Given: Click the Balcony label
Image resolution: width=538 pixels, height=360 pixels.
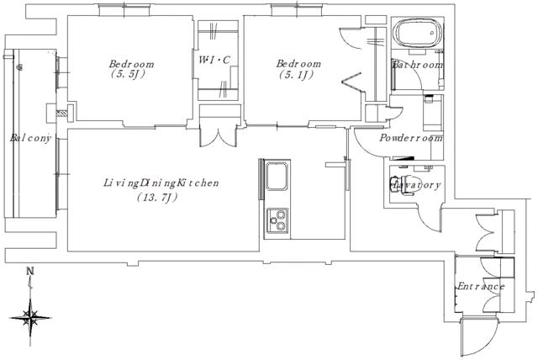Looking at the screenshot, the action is [30, 138].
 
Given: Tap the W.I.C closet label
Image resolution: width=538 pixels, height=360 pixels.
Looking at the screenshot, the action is [214, 60].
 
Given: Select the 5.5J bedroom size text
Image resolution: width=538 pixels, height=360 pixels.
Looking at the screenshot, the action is [127, 74].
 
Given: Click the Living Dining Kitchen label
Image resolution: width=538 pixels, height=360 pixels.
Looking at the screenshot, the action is [161, 183].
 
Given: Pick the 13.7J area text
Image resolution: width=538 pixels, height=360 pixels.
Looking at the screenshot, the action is [157, 198].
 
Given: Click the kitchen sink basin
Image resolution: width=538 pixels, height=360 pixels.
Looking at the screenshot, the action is [277, 176].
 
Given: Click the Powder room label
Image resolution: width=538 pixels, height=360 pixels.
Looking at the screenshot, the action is [411, 138].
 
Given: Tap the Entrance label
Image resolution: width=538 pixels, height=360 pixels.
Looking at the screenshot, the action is [481, 286].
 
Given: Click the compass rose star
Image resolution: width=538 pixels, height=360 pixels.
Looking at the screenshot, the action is [31, 317].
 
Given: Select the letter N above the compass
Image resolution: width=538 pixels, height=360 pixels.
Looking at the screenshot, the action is [31, 271].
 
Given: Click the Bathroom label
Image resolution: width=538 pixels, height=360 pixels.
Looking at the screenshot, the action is [418, 65].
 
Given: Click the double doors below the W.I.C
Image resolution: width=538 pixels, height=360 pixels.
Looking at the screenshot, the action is [218, 137].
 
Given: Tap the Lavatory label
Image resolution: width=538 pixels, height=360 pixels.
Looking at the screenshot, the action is [415, 185].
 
